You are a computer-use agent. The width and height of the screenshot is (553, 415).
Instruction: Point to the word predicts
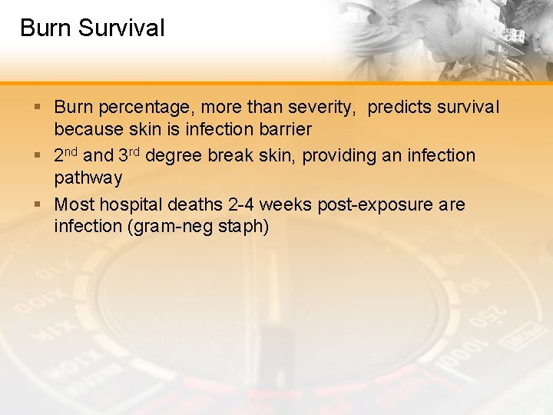401,107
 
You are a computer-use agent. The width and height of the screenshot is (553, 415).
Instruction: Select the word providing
339,156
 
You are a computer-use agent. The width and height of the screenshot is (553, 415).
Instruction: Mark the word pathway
88,178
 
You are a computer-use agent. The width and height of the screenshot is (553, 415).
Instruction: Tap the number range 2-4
243,205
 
